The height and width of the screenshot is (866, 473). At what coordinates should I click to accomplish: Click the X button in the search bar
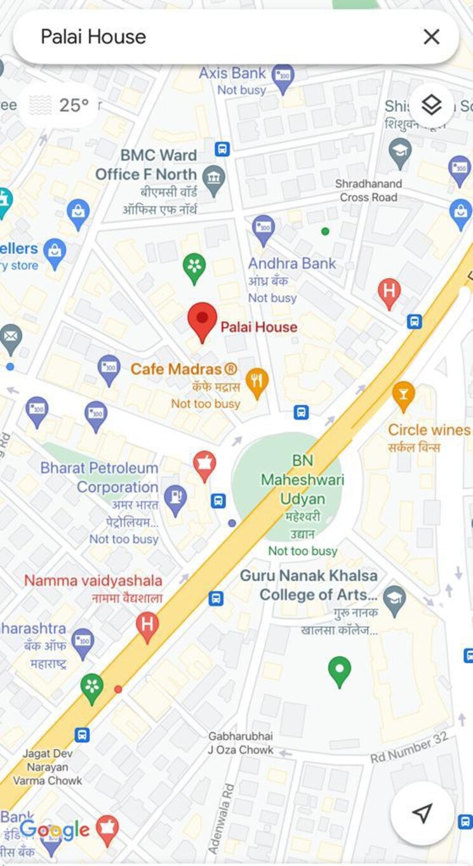coord(431,37)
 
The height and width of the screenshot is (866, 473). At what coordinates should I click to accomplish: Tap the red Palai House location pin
coord(203,320)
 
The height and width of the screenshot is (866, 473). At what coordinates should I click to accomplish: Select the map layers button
coord(431,105)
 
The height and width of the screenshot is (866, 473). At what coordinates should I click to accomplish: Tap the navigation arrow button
coord(422,813)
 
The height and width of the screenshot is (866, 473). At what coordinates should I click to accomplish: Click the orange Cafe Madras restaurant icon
coord(256,383)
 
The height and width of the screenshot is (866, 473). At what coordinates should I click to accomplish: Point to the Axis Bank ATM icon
coord(283,78)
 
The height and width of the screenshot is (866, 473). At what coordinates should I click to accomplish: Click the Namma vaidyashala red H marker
coord(147,626)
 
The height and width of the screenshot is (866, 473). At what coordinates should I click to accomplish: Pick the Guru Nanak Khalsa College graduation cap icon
coord(394,600)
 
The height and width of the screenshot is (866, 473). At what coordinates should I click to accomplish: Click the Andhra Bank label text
coord(292,264)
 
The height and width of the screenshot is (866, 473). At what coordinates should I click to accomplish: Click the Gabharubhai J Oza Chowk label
coord(241,743)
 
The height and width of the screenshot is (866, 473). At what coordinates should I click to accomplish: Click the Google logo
coord(55,829)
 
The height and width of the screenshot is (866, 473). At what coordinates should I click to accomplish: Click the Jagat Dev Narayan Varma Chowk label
coord(48,767)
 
